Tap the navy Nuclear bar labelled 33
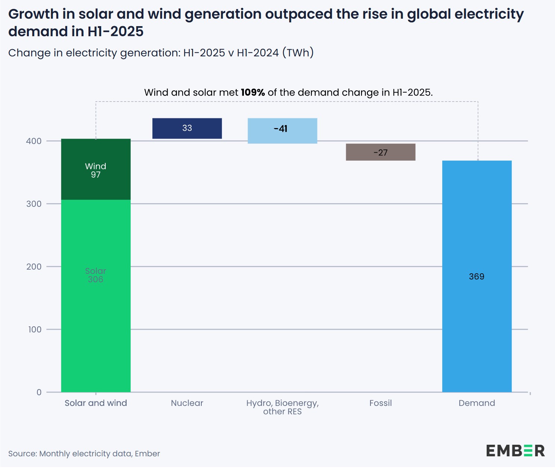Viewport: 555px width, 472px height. click(x=187, y=128)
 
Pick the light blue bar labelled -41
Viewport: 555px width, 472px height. click(x=282, y=131)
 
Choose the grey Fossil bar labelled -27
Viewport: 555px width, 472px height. click(x=380, y=152)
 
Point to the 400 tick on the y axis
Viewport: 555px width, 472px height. click(x=34, y=141)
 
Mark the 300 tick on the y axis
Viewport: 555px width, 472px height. click(x=34, y=204)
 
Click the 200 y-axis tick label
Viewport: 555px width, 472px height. click(x=34, y=267)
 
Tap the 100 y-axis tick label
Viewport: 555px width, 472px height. click(x=35, y=329)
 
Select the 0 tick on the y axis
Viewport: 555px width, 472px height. click(x=39, y=392)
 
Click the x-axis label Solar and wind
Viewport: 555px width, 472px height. click(x=96, y=403)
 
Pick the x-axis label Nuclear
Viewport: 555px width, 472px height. click(x=187, y=403)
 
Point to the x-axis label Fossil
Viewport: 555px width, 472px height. click(x=380, y=403)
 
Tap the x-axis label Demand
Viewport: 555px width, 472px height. click(x=477, y=403)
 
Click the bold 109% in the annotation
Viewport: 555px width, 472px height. click(x=253, y=93)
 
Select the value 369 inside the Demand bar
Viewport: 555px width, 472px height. click(x=477, y=277)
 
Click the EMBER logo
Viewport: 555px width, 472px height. click(x=515, y=451)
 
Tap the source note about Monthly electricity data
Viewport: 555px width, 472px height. click(x=84, y=454)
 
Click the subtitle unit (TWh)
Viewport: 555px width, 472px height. click(x=298, y=53)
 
